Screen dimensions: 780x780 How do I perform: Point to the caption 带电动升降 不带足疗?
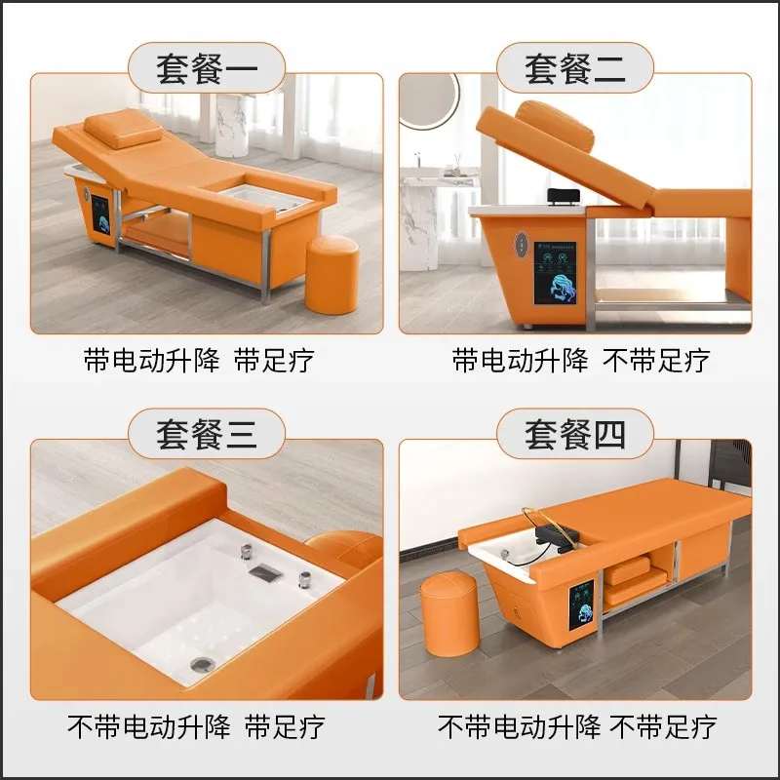point(580,360)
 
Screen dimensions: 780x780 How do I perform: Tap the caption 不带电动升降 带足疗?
point(195,725)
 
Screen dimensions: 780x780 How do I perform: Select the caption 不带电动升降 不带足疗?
point(577,725)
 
